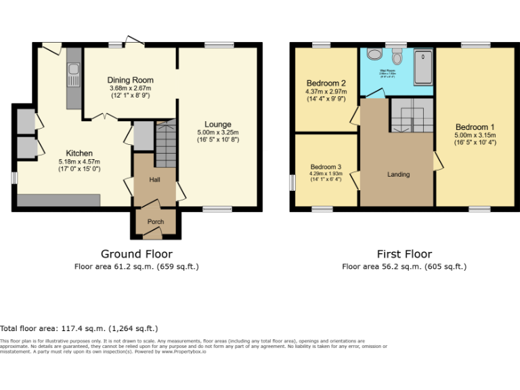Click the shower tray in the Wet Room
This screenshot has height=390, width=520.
click(423, 66)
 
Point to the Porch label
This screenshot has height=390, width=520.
click(146, 221)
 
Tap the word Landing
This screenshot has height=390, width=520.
click(398, 175)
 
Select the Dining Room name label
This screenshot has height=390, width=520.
click(131, 80)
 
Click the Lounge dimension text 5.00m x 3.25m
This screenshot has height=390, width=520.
click(218, 132)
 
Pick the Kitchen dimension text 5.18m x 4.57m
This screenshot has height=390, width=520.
click(79, 162)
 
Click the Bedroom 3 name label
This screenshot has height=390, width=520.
click(326, 167)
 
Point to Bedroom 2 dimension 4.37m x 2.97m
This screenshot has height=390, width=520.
click(326, 92)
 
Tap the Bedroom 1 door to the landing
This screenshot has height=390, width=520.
click(437, 160)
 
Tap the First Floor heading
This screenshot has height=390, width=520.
click(404, 255)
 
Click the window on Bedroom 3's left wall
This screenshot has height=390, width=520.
click(292, 183)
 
